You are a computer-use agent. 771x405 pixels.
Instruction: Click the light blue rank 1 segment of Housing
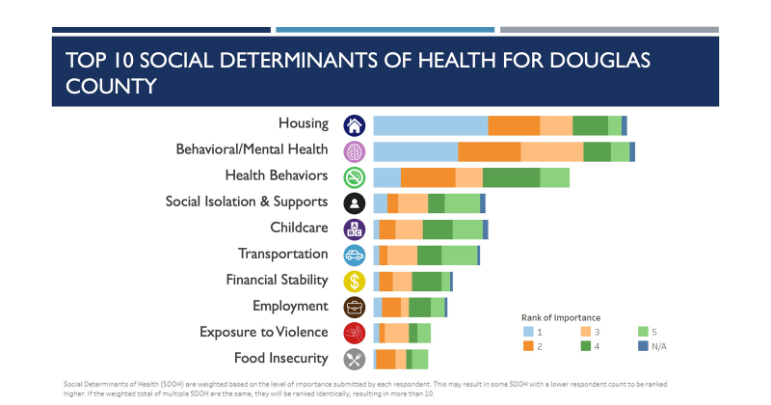point(430,125)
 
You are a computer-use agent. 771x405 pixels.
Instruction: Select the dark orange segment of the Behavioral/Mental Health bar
point(489,151)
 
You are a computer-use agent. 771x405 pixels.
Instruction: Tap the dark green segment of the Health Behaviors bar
point(511,177)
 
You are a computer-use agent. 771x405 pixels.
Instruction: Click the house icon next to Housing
point(355,125)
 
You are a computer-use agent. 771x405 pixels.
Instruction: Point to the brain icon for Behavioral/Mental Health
point(355,151)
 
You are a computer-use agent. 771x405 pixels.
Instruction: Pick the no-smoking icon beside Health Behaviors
point(355,177)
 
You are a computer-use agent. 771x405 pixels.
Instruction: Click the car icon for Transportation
point(355,256)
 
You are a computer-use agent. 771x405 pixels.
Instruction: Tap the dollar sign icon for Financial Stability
point(355,282)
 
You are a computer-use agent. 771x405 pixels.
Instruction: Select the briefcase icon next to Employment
point(355,308)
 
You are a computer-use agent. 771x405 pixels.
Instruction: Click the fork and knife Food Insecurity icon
point(355,359)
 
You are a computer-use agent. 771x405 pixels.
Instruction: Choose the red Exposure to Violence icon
point(355,333)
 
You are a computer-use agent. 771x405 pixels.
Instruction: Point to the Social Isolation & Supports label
point(247,202)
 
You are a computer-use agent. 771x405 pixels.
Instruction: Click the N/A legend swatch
point(643,345)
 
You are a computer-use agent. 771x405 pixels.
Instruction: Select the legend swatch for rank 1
point(527,331)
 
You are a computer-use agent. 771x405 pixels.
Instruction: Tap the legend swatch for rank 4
point(585,345)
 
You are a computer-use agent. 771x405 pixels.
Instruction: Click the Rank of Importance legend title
point(561,317)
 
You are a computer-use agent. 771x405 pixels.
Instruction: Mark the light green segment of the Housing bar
point(614,125)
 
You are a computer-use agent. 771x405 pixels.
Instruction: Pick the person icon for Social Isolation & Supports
point(355,203)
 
